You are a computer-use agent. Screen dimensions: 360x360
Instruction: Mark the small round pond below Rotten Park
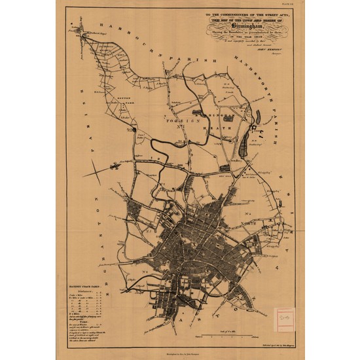(x=133, y=130)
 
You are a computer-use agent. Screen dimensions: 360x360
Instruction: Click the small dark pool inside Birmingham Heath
(x=225, y=168)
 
